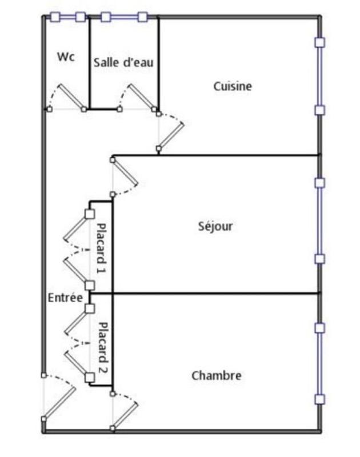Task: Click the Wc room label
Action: click(66, 57)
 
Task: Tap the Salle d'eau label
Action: click(123, 62)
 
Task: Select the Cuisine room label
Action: click(233, 86)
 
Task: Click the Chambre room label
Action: click(216, 375)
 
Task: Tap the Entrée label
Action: click(65, 298)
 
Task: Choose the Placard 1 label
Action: click(102, 249)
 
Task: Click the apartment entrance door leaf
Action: click(59, 403)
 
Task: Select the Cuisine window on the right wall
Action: click(320, 75)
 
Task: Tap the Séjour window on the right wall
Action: click(320, 221)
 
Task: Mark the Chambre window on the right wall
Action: click(320, 363)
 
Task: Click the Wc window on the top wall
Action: click(67, 17)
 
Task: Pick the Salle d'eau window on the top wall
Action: click(124, 17)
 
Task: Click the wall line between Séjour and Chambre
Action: click(217, 294)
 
